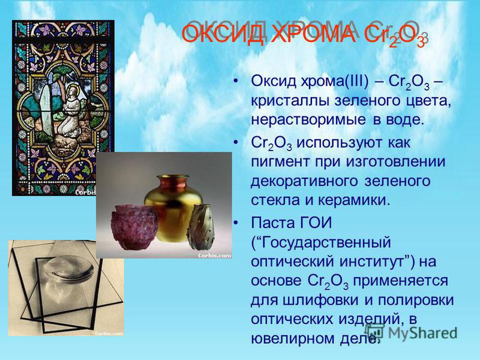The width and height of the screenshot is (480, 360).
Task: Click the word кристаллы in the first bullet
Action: pyautogui.click(x=290, y=101)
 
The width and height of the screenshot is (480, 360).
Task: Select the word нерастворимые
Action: pyautogui.click(x=308, y=119)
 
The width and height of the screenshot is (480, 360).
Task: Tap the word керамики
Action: pyautogui.click(x=355, y=200)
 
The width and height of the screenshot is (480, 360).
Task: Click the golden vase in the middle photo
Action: pyautogui.click(x=173, y=208)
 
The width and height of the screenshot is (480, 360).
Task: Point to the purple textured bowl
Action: pyautogui.click(x=134, y=227)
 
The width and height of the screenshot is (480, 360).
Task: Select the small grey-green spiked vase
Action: pyautogui.click(x=200, y=227)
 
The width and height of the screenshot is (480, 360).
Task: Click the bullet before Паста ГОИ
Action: pyautogui.click(x=235, y=223)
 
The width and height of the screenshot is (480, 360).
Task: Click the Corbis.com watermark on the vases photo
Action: pyautogui.click(x=214, y=256)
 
